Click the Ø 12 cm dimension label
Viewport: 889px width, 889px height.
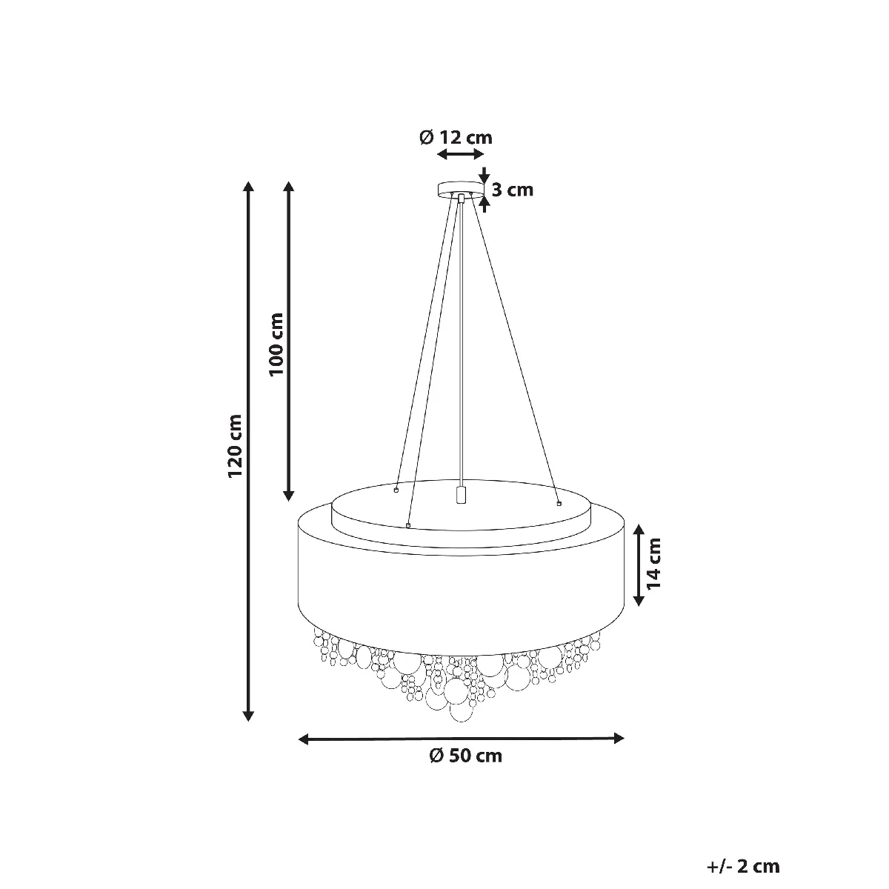point(456,138)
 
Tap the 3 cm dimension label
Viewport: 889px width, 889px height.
point(512,190)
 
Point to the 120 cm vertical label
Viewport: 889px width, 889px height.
point(236,446)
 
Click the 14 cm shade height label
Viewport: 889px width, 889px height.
point(654,564)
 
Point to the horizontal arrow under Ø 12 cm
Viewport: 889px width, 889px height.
point(460,155)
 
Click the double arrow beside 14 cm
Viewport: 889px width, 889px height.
point(639,565)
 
